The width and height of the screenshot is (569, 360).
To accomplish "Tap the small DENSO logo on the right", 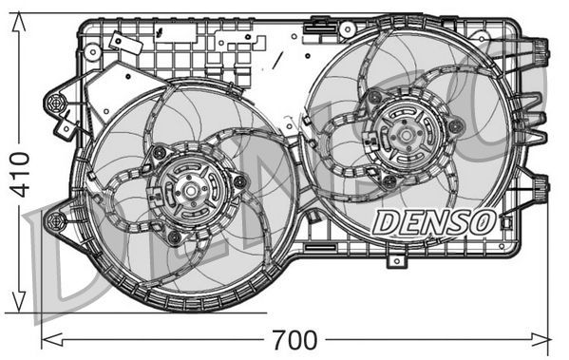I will click(433, 223).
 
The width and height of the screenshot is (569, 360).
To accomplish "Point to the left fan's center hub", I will click(190, 193).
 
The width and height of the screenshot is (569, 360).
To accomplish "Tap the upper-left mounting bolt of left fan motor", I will click(160, 152).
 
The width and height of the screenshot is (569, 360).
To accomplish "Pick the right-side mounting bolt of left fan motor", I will click(239, 181).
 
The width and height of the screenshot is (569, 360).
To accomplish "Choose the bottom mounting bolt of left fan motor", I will click(174, 236).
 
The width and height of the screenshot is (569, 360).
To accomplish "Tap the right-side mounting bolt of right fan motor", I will click(456, 125).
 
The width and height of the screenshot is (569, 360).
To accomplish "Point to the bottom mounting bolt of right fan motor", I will click(389, 180).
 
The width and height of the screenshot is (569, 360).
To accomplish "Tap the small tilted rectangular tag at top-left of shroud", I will click(120, 43).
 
